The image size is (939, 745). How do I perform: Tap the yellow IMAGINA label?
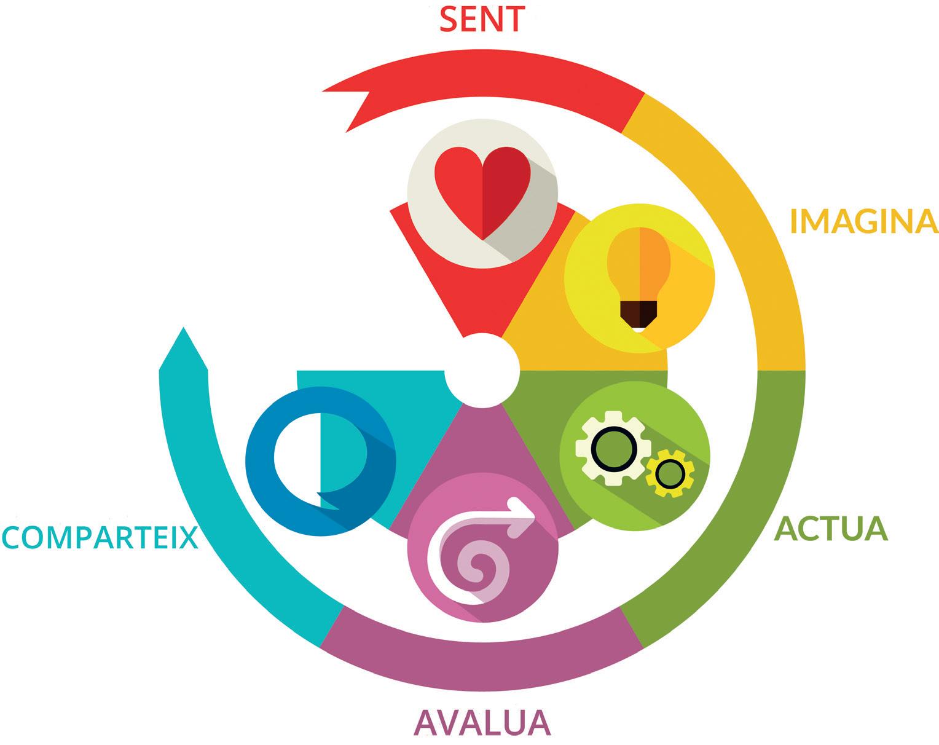click(863, 221)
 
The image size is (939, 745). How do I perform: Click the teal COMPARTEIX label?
click(100, 538)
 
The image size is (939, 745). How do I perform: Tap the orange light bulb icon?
click(640, 270)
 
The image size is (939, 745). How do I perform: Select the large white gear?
click(611, 448)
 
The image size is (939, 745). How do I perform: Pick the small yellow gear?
click(669, 473)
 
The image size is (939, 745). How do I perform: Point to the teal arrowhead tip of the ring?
click(183, 335)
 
